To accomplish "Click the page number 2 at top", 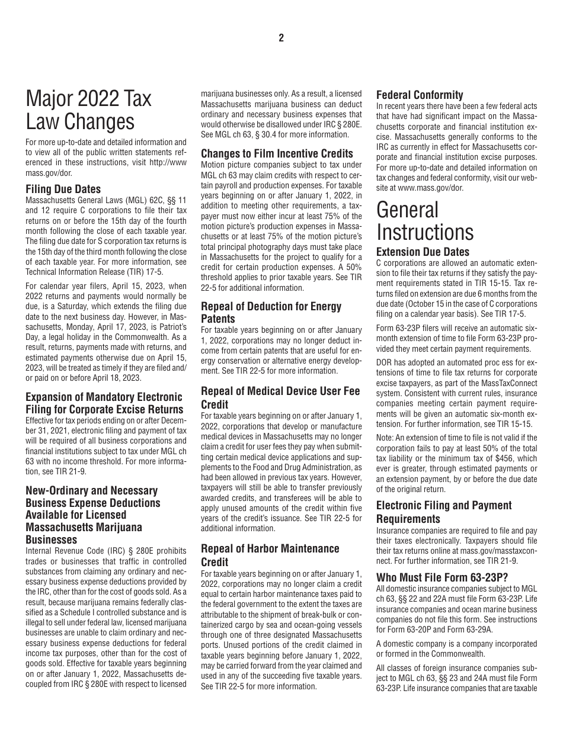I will (281, 38).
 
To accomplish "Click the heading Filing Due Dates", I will (63, 189).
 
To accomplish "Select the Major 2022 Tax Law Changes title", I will (89, 110).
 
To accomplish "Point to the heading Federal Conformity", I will (420, 95).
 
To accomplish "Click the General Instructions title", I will (425, 220).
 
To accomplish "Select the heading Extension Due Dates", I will (423, 252).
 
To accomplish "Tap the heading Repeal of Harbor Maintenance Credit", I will (270, 555).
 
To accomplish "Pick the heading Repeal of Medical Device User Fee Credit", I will (280, 397).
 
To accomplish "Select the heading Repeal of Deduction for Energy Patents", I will (271, 312).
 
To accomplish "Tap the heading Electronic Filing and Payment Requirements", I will (444, 512).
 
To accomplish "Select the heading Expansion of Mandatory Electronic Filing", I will (104, 403).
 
